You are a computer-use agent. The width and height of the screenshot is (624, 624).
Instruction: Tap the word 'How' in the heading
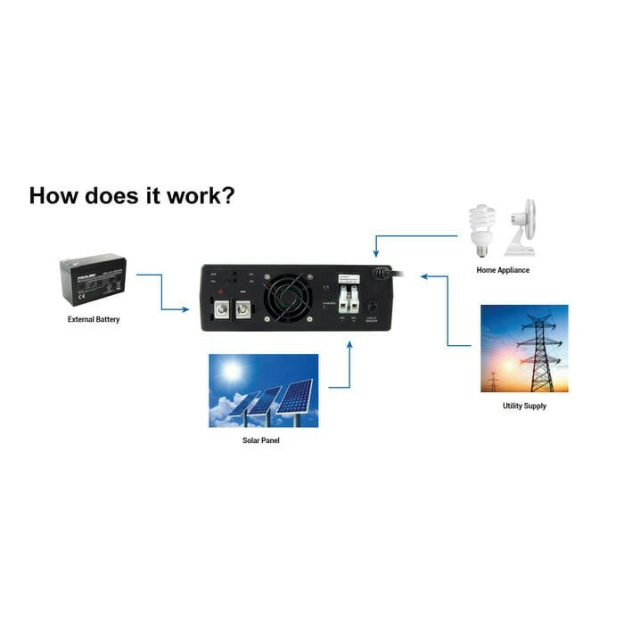pos(52,195)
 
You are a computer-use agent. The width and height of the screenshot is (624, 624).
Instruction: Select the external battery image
pos(93,281)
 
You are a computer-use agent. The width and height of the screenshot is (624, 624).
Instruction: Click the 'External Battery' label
pos(94,319)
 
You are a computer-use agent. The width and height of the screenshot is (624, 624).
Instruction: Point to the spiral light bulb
pos(481,230)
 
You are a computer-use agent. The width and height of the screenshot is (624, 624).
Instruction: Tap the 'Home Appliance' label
pos(503,270)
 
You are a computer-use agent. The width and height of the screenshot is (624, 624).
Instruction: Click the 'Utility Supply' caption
pos(524,406)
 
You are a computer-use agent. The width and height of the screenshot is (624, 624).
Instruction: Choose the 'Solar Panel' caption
pos(261,440)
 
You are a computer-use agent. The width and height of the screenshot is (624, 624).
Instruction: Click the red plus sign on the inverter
pos(220,291)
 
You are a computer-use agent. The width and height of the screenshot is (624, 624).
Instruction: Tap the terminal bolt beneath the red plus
pos(221,310)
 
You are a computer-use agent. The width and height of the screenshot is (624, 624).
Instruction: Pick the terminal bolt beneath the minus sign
pos(242,310)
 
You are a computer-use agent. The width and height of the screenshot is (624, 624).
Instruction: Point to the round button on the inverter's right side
pos(372,307)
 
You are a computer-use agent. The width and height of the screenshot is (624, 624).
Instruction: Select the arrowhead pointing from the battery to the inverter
pos(185,309)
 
